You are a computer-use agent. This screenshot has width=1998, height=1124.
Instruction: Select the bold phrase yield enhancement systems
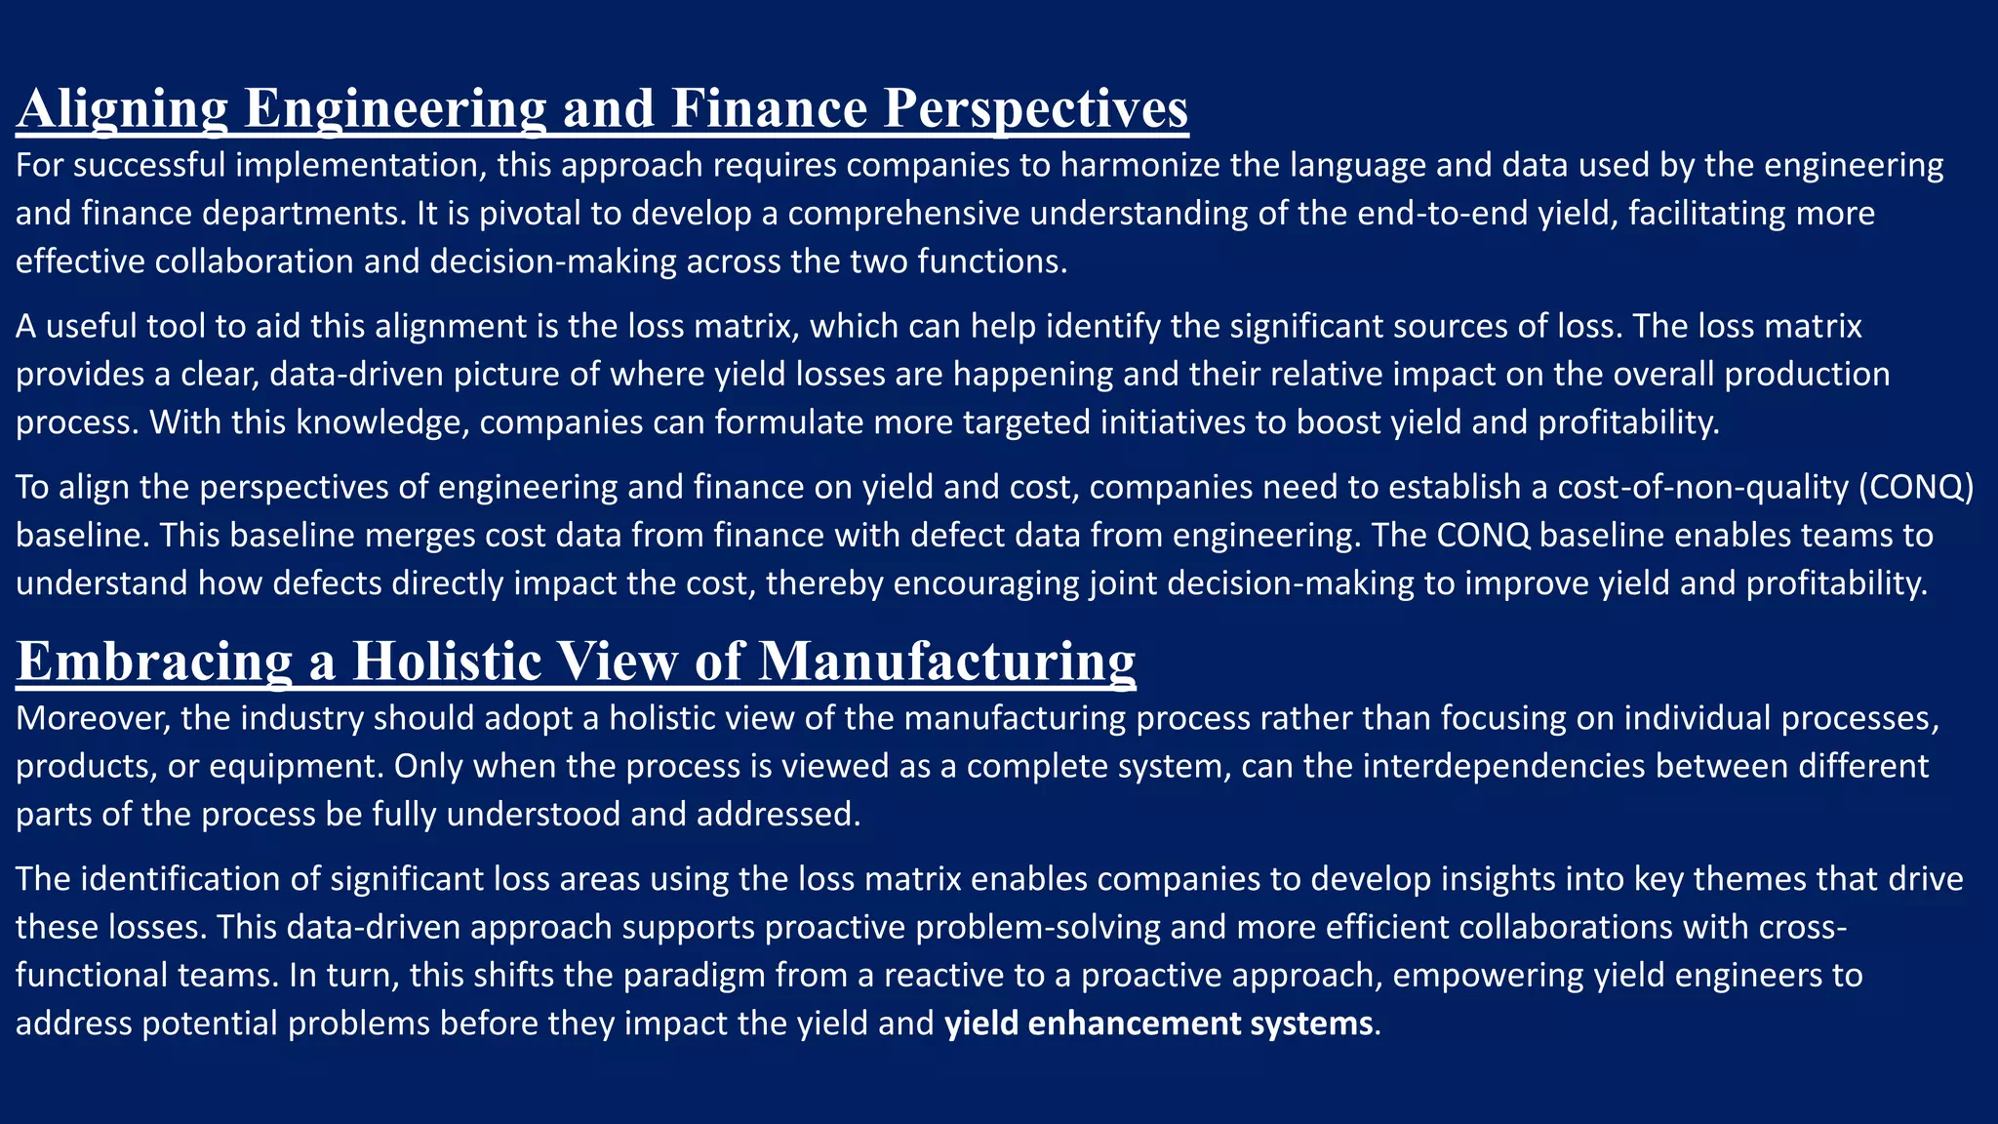(1159, 1024)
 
